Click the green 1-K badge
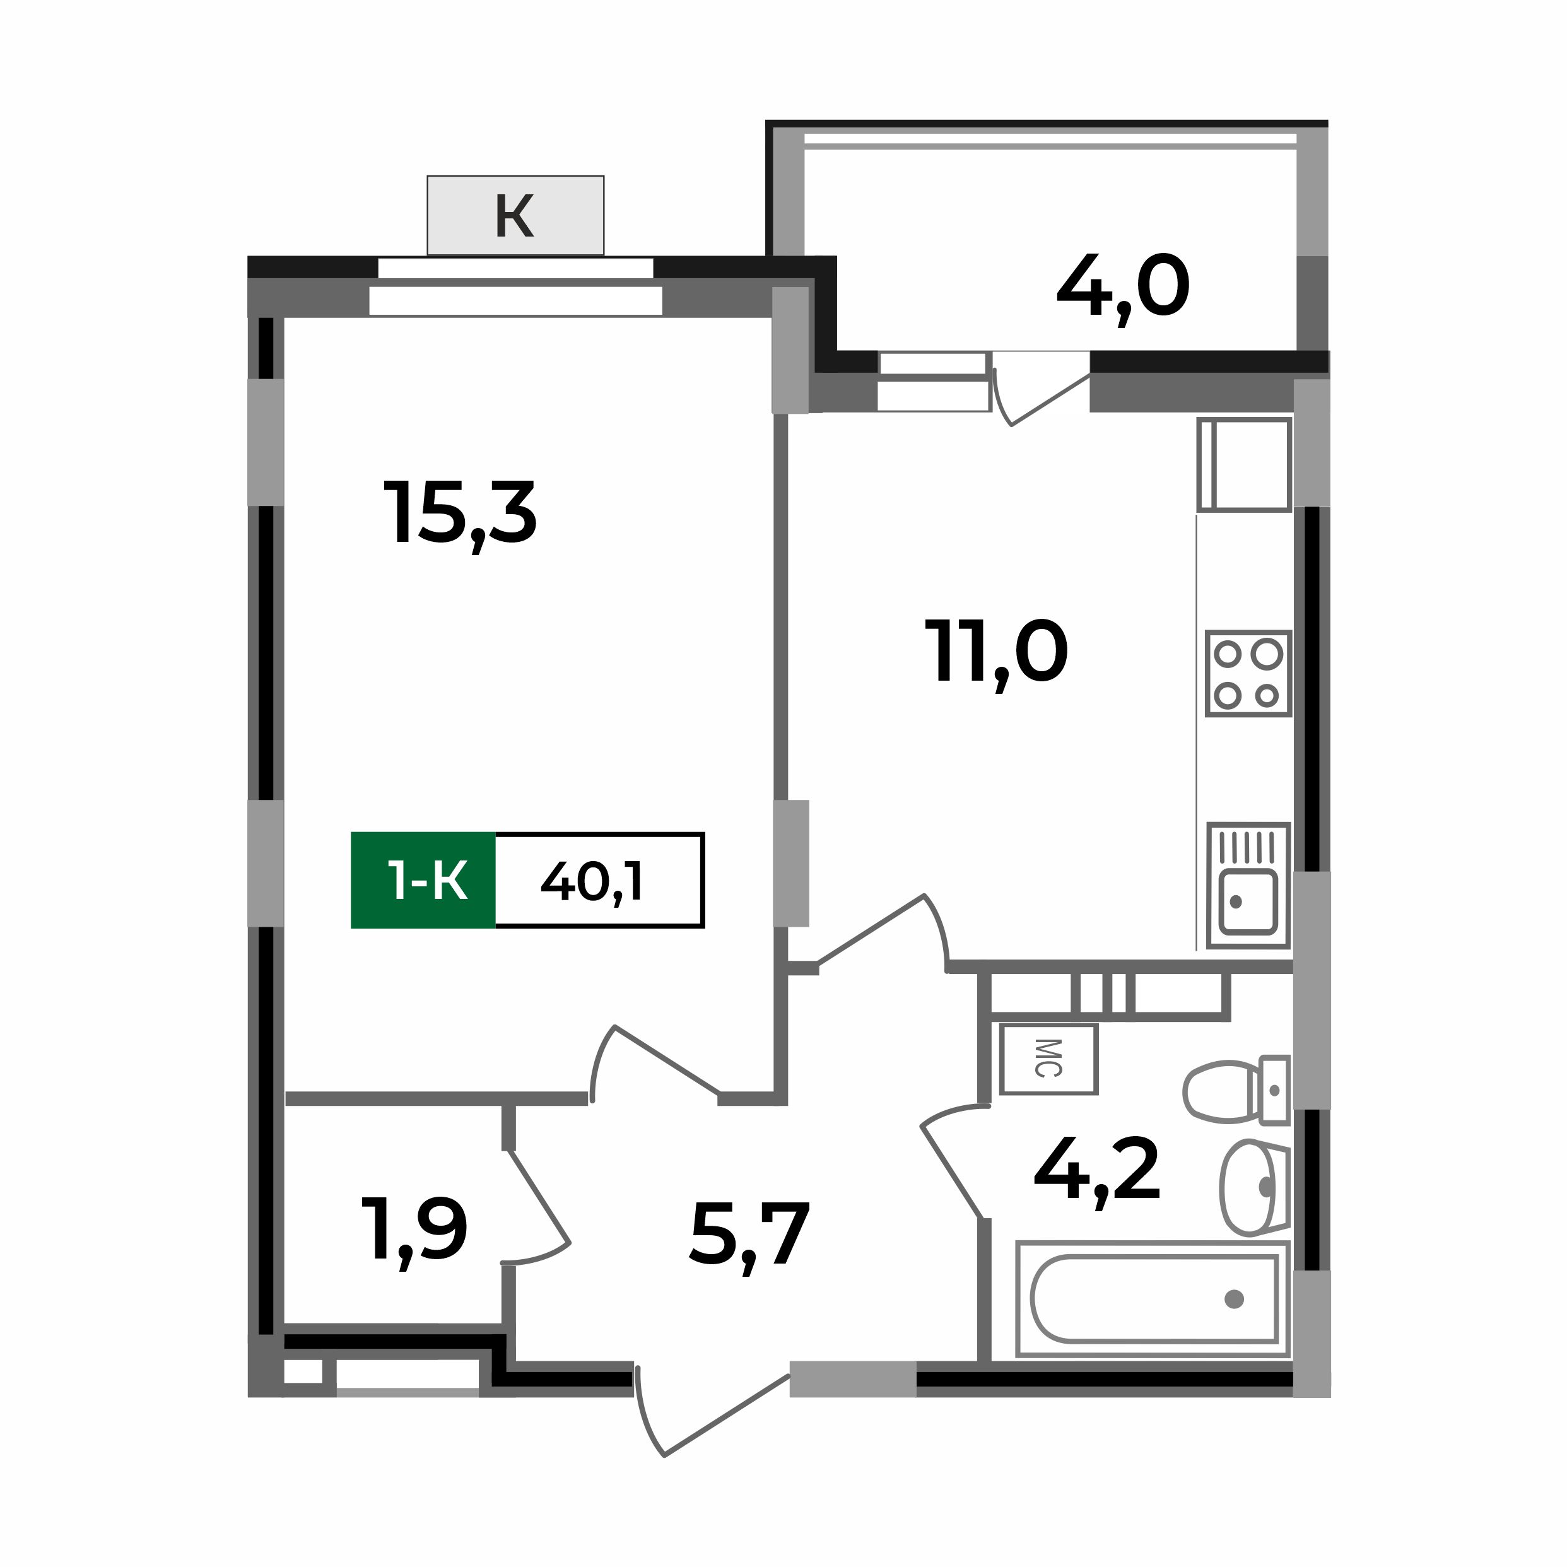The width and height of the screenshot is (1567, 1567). (423, 881)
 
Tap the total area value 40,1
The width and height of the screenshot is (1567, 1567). (592, 882)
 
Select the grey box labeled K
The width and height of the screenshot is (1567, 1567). (515, 215)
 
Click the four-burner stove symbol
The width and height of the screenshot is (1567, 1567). (1247, 673)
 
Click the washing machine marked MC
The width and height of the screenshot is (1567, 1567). (1048, 1059)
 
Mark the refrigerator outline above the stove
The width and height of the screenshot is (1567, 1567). (1243, 465)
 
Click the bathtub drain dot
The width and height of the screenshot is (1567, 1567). (1234, 1300)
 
